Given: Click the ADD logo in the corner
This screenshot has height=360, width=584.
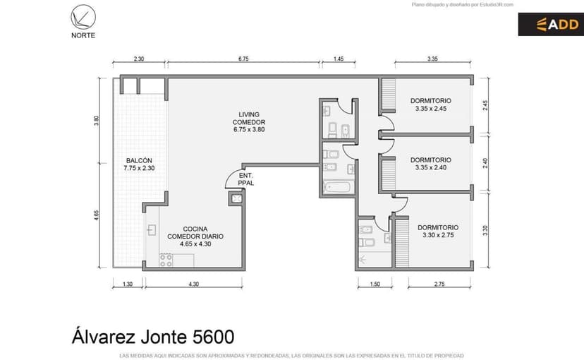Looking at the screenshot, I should (x=550, y=25).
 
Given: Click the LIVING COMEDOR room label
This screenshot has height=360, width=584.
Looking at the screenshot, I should (x=249, y=122).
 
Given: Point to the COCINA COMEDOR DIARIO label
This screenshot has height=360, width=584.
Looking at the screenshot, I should (x=195, y=236).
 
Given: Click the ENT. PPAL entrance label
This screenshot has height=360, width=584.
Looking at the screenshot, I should (x=246, y=179).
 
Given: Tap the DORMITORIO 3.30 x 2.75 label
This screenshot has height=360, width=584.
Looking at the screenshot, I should (x=437, y=232).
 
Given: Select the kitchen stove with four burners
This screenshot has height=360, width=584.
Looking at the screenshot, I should (x=166, y=260).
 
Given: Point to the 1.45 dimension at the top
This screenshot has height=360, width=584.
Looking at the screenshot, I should (x=338, y=59).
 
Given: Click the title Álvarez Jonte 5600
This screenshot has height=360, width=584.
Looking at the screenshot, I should (x=152, y=335).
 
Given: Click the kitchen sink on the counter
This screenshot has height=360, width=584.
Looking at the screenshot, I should (x=151, y=230).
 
